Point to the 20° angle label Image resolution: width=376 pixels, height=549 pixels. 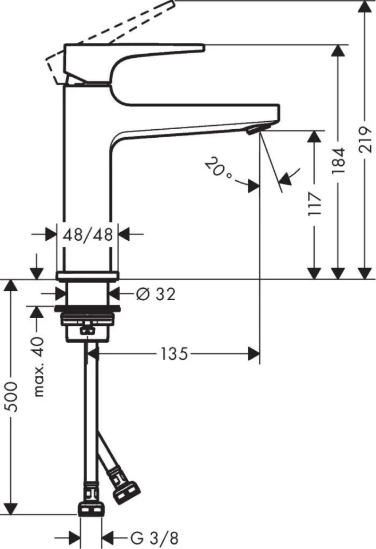point(219,170)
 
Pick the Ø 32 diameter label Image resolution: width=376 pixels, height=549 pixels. point(156,294)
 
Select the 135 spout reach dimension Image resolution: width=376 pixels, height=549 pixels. point(174,354)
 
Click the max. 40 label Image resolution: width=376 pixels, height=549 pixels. point(39,366)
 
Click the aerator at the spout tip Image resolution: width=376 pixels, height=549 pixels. point(252,132)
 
